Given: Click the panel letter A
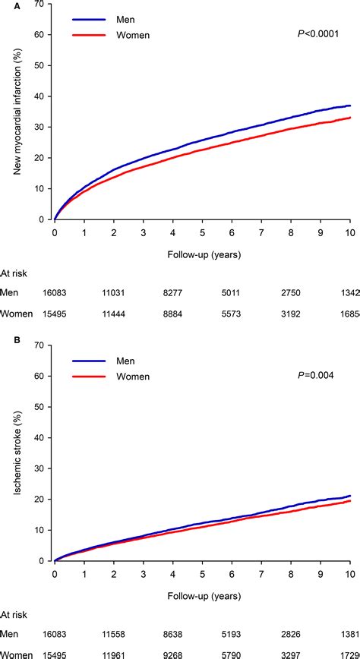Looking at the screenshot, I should (6, 6).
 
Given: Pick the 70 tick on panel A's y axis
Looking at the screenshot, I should (40, 5).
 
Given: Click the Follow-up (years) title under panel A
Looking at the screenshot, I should (202, 254).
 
